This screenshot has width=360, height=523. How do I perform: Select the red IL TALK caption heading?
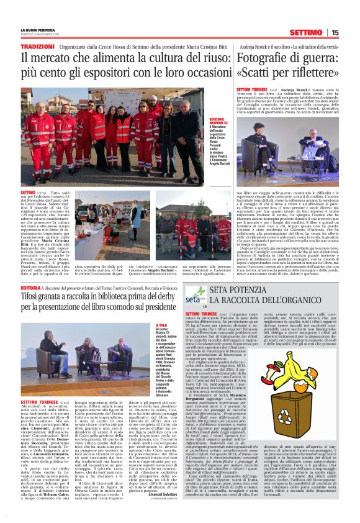[162, 324]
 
